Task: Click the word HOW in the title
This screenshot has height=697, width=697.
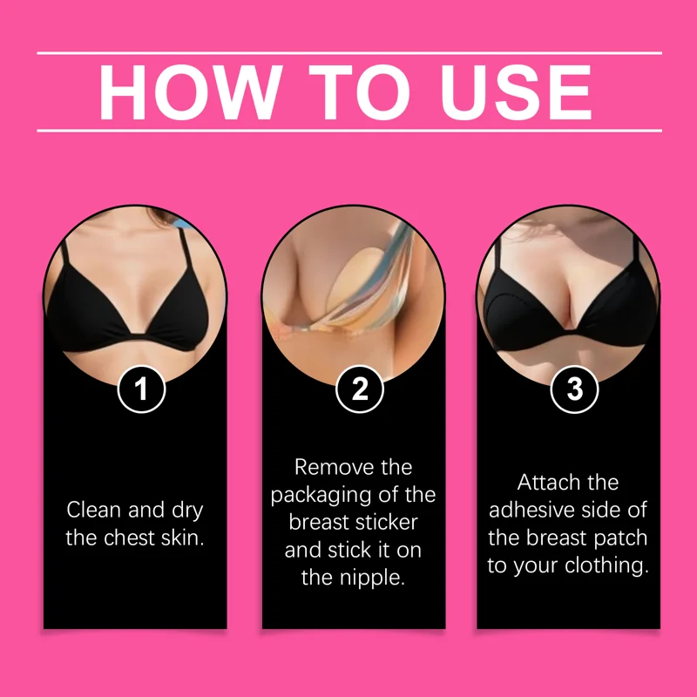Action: click(x=190, y=92)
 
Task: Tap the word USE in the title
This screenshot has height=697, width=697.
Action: click(x=516, y=92)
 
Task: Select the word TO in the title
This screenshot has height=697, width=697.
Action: click(x=359, y=92)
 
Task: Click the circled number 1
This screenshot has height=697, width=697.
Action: click(x=141, y=389)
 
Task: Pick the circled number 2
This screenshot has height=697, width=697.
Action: click(x=359, y=389)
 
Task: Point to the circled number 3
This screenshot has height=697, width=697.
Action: click(x=574, y=389)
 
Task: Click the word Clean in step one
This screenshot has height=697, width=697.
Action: click(x=94, y=510)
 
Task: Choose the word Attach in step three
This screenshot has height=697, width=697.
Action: click(x=546, y=483)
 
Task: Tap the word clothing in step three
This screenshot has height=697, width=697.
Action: click(x=606, y=565)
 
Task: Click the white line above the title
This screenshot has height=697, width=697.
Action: click(x=349, y=53)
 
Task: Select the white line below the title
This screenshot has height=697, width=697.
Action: click(x=349, y=131)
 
